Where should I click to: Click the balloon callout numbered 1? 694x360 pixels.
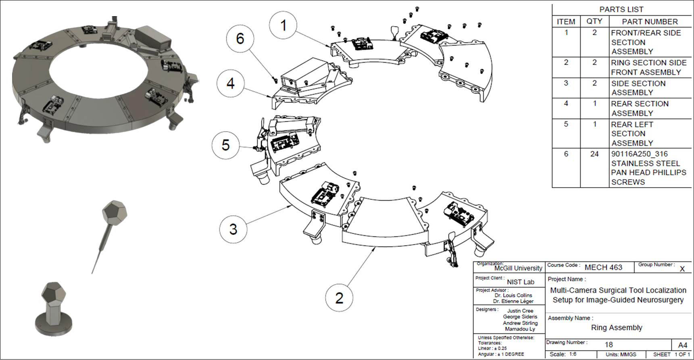283,25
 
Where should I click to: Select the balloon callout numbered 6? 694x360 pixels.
240,39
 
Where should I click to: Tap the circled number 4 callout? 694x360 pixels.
230,84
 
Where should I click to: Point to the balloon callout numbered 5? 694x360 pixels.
226,145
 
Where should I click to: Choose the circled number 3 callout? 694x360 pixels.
233,229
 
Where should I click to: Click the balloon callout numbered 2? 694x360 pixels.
339,298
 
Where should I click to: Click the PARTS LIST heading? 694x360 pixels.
621,9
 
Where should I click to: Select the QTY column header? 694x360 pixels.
594,21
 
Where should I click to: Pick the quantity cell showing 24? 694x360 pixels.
594,154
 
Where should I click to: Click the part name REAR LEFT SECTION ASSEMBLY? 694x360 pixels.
632,134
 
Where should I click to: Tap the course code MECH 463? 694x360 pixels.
603,267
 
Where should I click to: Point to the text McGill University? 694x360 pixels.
518,268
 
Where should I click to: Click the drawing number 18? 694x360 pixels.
609,344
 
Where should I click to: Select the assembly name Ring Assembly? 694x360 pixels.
616,327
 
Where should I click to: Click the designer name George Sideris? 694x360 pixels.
520,317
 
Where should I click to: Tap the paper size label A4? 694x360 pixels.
682,345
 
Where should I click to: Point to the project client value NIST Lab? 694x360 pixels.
520,282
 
